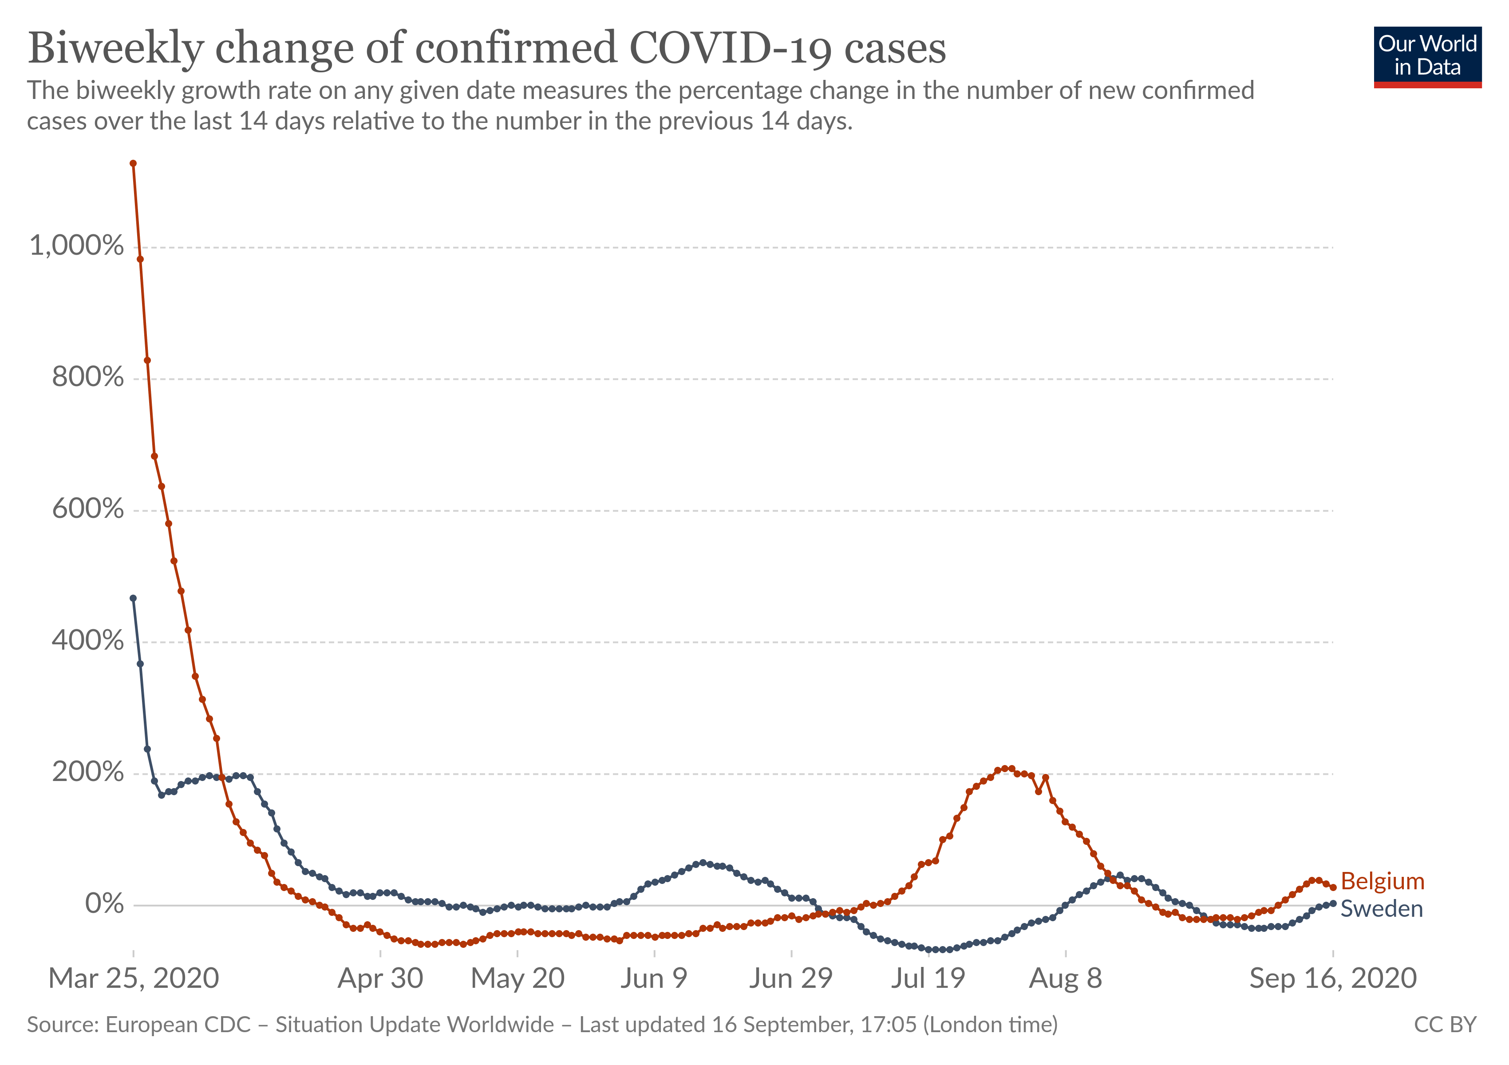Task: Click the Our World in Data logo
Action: (x=1427, y=56)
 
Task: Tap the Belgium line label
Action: (x=1382, y=881)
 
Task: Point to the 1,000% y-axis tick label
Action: (x=76, y=246)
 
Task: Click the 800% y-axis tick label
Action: (x=87, y=377)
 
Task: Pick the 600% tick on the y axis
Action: (x=87, y=509)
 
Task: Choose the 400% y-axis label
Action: (x=87, y=641)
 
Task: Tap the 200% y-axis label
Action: (x=87, y=772)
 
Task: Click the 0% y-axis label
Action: (x=104, y=904)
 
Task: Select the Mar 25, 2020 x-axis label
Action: (x=134, y=979)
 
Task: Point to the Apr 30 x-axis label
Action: (x=380, y=979)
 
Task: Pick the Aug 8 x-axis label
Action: (x=1065, y=979)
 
